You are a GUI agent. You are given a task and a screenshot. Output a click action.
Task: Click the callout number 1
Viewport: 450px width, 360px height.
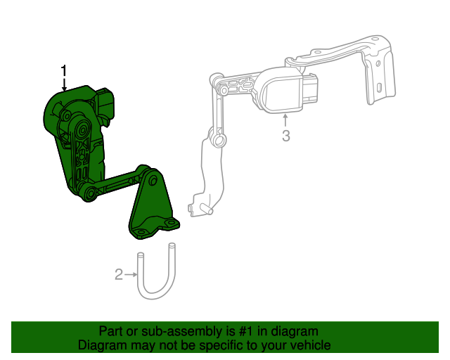pos(64,71)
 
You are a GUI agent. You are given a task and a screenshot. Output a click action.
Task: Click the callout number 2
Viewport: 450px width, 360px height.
pos(119,274)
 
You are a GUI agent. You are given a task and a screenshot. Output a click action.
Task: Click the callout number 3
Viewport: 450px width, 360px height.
pos(285,136)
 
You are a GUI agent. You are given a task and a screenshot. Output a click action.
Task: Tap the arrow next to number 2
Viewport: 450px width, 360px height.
pos(131,274)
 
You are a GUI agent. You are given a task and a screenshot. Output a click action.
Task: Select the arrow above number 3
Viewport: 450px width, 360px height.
pos(285,120)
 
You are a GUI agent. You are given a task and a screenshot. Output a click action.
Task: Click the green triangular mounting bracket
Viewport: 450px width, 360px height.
pos(151,207)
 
